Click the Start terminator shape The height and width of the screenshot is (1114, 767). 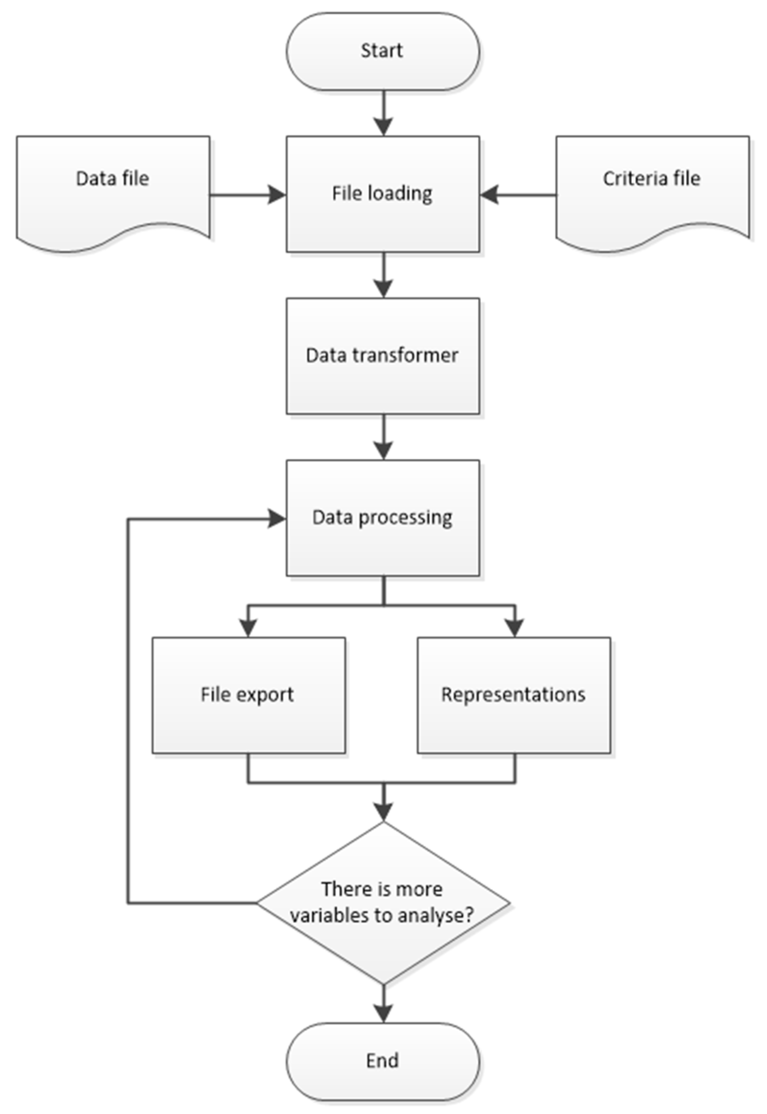tap(382, 51)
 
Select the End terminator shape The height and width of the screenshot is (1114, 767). tap(382, 1060)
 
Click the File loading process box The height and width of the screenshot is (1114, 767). tap(382, 194)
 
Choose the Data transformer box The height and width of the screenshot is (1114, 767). tap(382, 356)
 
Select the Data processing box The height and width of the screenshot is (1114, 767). tap(382, 518)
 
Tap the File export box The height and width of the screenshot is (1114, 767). tap(249, 695)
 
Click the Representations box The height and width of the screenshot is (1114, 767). tap(514, 695)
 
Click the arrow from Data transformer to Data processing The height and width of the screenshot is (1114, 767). tap(383, 437)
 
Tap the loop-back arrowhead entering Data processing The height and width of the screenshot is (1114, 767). tap(277, 519)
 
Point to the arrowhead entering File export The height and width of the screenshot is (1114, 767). tap(248, 628)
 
